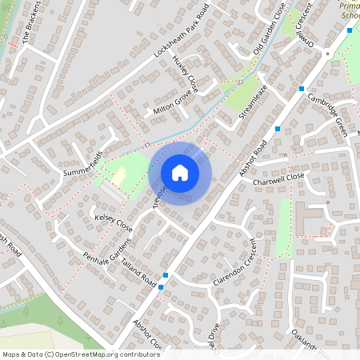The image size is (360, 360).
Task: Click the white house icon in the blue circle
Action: (180, 172)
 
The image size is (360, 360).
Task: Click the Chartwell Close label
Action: (279, 179)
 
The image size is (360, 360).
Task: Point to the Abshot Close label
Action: (148, 338)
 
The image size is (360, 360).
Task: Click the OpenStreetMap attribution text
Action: (81, 354)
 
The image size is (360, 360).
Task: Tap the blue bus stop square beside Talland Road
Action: (162, 286)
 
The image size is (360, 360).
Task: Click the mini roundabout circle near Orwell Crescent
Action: (328, 54)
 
